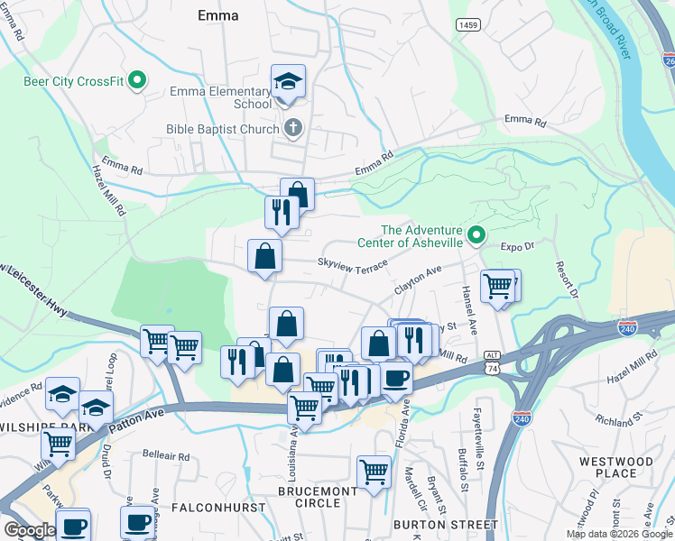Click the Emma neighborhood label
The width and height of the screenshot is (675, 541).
(217, 15)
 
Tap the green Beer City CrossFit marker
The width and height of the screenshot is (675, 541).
(137, 82)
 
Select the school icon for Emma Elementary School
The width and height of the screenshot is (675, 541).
(288, 83)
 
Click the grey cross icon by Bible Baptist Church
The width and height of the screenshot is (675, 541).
(291, 129)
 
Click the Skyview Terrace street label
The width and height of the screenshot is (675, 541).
(351, 262)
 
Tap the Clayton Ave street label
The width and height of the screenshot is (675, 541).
(417, 280)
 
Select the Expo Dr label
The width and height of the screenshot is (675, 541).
(518, 245)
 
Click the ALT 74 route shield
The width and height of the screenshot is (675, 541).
(491, 362)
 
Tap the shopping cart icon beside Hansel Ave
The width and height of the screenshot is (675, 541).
(498, 287)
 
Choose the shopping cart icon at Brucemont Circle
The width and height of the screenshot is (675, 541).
(374, 471)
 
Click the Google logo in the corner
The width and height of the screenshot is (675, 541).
(30, 530)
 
